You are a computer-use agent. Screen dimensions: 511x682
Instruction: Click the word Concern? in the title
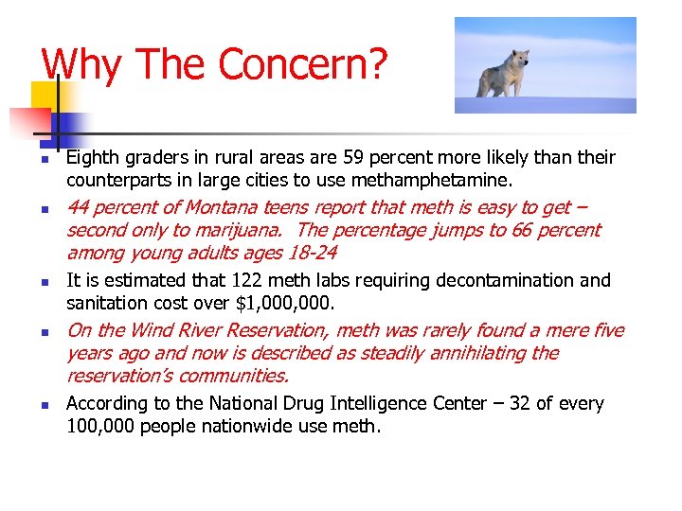point(303,64)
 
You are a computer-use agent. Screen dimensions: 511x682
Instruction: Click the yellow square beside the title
point(45,95)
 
